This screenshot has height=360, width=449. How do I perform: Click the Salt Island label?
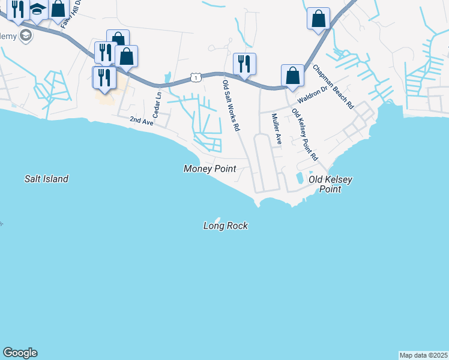(46, 179)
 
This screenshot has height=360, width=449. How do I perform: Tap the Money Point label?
(209, 169)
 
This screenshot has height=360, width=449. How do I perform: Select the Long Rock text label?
(225, 226)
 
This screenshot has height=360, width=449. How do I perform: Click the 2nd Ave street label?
(142, 121)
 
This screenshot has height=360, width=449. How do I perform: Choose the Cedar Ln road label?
(158, 103)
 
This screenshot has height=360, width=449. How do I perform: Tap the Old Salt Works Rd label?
(231, 106)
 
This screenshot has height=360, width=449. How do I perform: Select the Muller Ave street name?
(276, 129)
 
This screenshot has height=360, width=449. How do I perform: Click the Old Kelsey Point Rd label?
(304, 134)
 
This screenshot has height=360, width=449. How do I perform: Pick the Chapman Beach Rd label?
(333, 86)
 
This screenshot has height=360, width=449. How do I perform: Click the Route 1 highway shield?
(196, 77)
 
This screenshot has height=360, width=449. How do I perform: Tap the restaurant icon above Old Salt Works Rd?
(244, 64)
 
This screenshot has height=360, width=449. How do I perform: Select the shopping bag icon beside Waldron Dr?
(292, 76)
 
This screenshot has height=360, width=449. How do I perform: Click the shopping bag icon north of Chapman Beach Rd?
(318, 19)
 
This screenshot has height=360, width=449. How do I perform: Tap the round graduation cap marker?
(25, 36)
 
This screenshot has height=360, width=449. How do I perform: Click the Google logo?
(20, 353)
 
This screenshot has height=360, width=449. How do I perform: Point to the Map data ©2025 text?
(423, 355)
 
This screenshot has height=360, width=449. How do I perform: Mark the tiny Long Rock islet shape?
(217, 220)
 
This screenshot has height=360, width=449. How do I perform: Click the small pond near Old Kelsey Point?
(299, 178)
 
